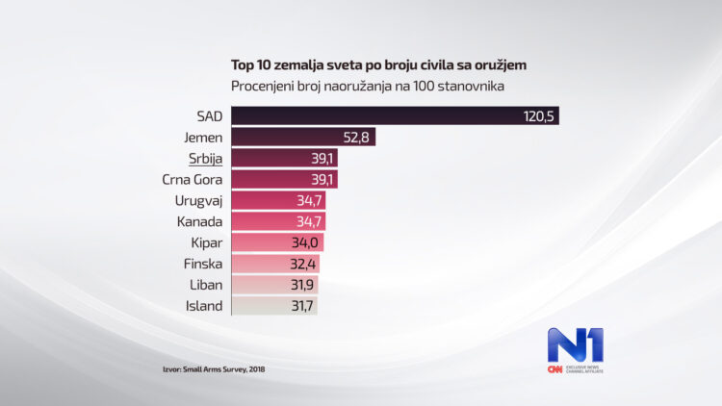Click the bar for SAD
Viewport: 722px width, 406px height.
(x=395, y=116)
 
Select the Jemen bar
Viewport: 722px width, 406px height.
(x=303, y=138)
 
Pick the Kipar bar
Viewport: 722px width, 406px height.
(x=277, y=242)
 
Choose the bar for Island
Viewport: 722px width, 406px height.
(x=274, y=306)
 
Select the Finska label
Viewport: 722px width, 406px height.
(x=202, y=264)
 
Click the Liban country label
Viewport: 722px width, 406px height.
(x=205, y=285)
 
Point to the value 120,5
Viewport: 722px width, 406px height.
(x=540, y=116)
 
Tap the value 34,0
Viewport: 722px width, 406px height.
(x=305, y=242)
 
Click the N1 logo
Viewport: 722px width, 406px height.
(x=575, y=344)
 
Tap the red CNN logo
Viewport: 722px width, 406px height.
(x=555, y=369)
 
